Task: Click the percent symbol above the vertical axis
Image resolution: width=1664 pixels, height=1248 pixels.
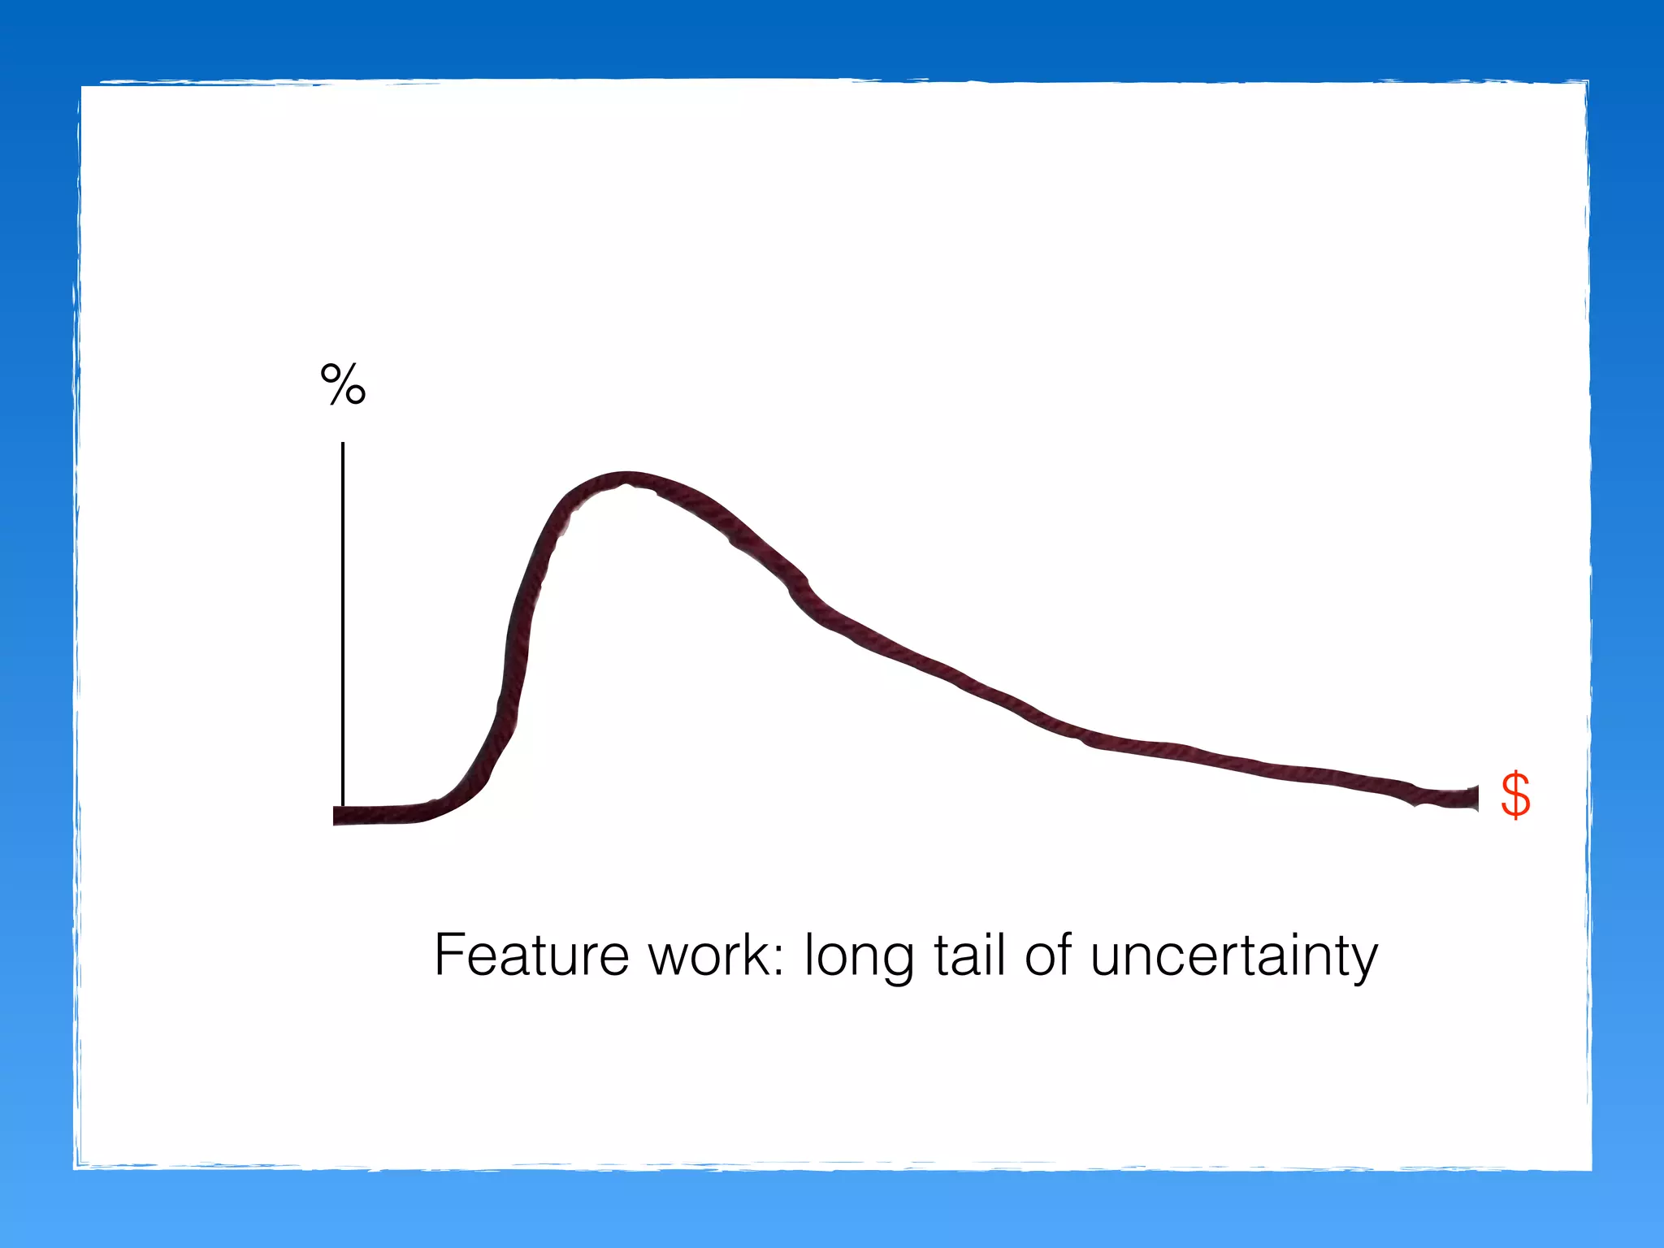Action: click(343, 384)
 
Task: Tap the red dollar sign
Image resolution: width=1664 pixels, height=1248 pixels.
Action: click(1515, 795)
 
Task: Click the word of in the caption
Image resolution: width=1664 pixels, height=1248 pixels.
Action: click(1048, 955)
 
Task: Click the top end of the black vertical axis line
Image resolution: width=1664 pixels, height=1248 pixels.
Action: click(343, 444)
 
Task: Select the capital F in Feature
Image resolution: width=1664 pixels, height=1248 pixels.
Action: click(450, 955)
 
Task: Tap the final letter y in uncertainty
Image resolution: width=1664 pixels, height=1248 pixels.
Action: click(1363, 963)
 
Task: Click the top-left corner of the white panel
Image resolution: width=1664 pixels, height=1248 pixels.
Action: click(81, 84)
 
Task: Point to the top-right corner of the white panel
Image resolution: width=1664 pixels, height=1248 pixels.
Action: click(1588, 82)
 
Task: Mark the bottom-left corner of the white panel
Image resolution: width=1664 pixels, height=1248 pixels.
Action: click(76, 1168)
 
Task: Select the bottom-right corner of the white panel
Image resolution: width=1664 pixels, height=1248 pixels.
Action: click(1590, 1169)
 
